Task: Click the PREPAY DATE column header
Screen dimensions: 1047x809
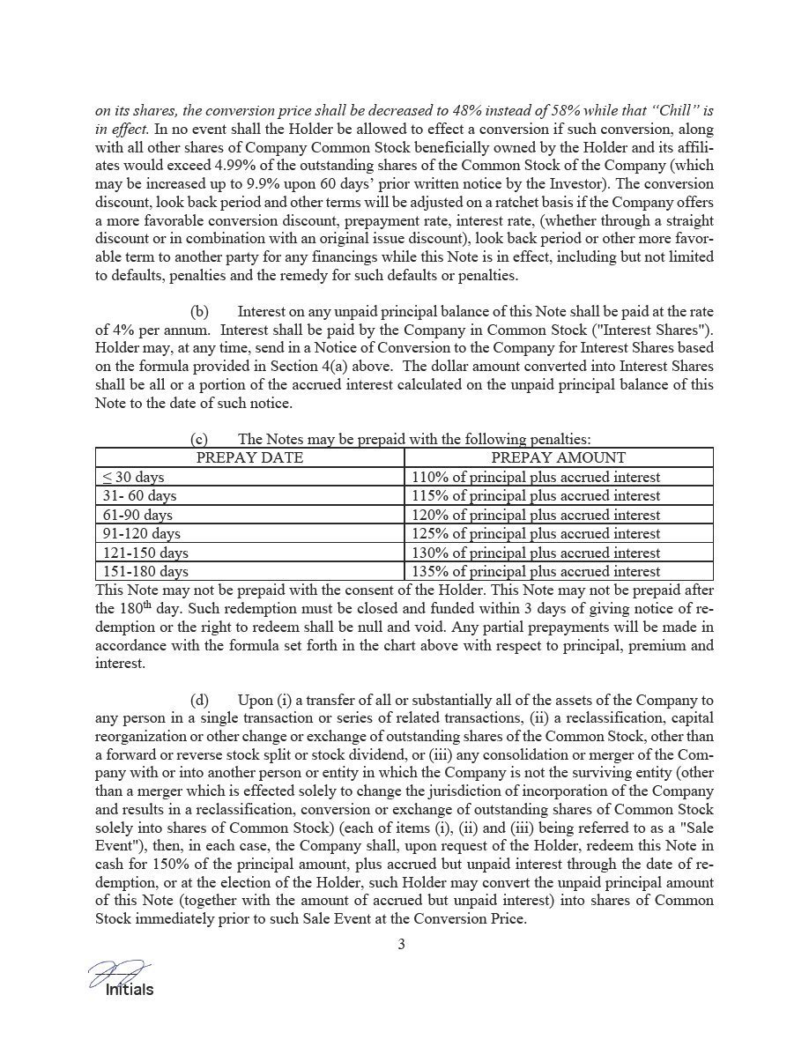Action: tap(249, 457)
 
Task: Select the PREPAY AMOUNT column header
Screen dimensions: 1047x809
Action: tap(558, 457)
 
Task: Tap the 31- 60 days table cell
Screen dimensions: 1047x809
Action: tap(140, 495)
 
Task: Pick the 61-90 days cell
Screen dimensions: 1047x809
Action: tap(137, 515)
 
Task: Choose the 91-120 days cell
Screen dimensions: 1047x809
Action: tap(142, 533)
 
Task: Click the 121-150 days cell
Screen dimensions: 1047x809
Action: tap(145, 553)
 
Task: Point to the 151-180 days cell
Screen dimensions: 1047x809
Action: tap(145, 571)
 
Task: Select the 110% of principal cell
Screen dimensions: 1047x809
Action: tap(535, 477)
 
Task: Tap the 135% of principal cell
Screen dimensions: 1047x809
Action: tap(535, 571)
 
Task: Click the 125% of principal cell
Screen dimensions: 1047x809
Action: tap(535, 533)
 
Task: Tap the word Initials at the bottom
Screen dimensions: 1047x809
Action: tap(130, 990)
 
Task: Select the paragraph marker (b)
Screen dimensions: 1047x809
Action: tap(200, 312)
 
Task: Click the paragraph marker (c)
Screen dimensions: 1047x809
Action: tap(200, 438)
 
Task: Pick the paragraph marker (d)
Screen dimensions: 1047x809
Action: tap(200, 700)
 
